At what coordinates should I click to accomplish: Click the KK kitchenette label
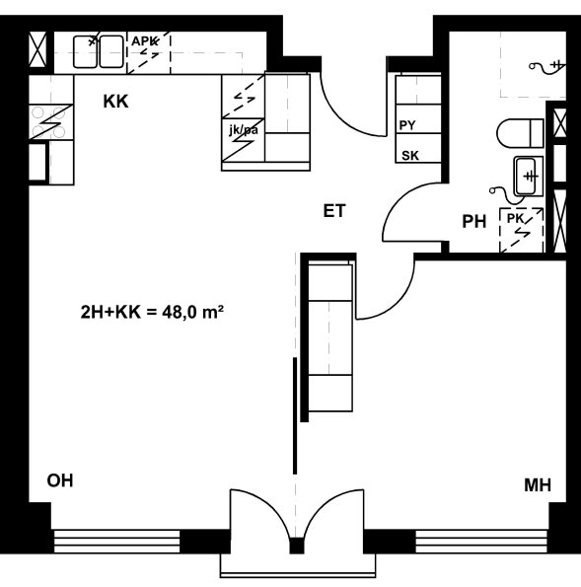(x=115, y=102)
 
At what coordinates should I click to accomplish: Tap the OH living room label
(x=60, y=480)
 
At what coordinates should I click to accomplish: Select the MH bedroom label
(x=538, y=485)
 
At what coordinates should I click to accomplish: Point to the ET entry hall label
(x=334, y=211)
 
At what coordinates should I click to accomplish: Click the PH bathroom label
(x=474, y=222)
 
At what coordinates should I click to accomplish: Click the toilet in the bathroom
(x=520, y=133)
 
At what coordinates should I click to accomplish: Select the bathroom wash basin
(x=528, y=177)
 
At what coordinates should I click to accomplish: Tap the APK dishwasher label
(x=144, y=40)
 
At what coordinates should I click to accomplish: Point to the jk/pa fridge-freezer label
(x=244, y=130)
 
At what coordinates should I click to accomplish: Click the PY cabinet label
(x=407, y=125)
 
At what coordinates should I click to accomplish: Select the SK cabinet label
(x=410, y=155)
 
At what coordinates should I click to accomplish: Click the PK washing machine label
(x=515, y=219)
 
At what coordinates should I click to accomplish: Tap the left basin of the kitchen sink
(x=86, y=51)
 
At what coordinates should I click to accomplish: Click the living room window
(x=116, y=542)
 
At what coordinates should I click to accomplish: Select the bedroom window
(x=482, y=542)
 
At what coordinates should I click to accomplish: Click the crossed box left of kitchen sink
(x=37, y=49)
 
